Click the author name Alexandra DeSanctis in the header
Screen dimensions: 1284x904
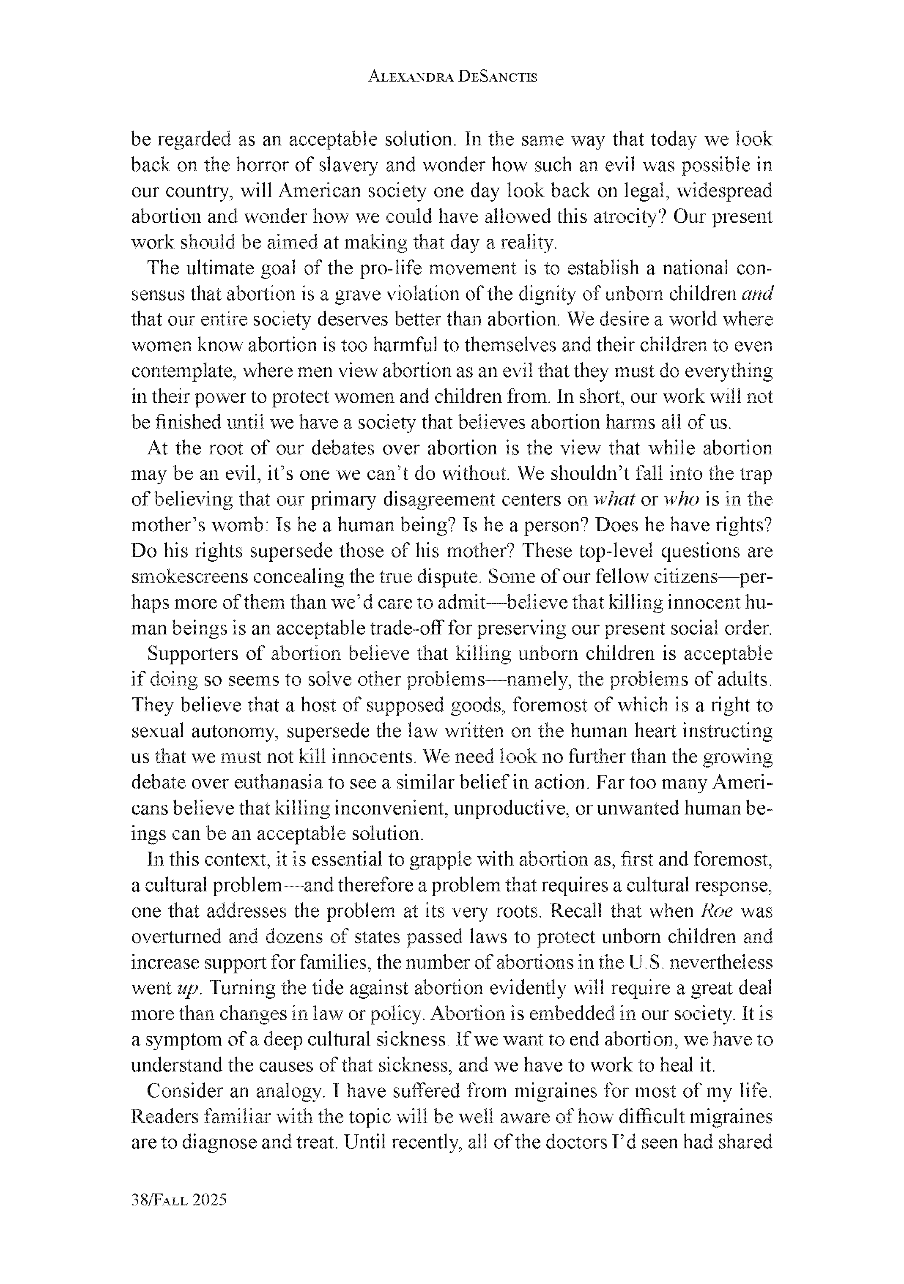pos(452,77)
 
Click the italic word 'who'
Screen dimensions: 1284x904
pos(681,500)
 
